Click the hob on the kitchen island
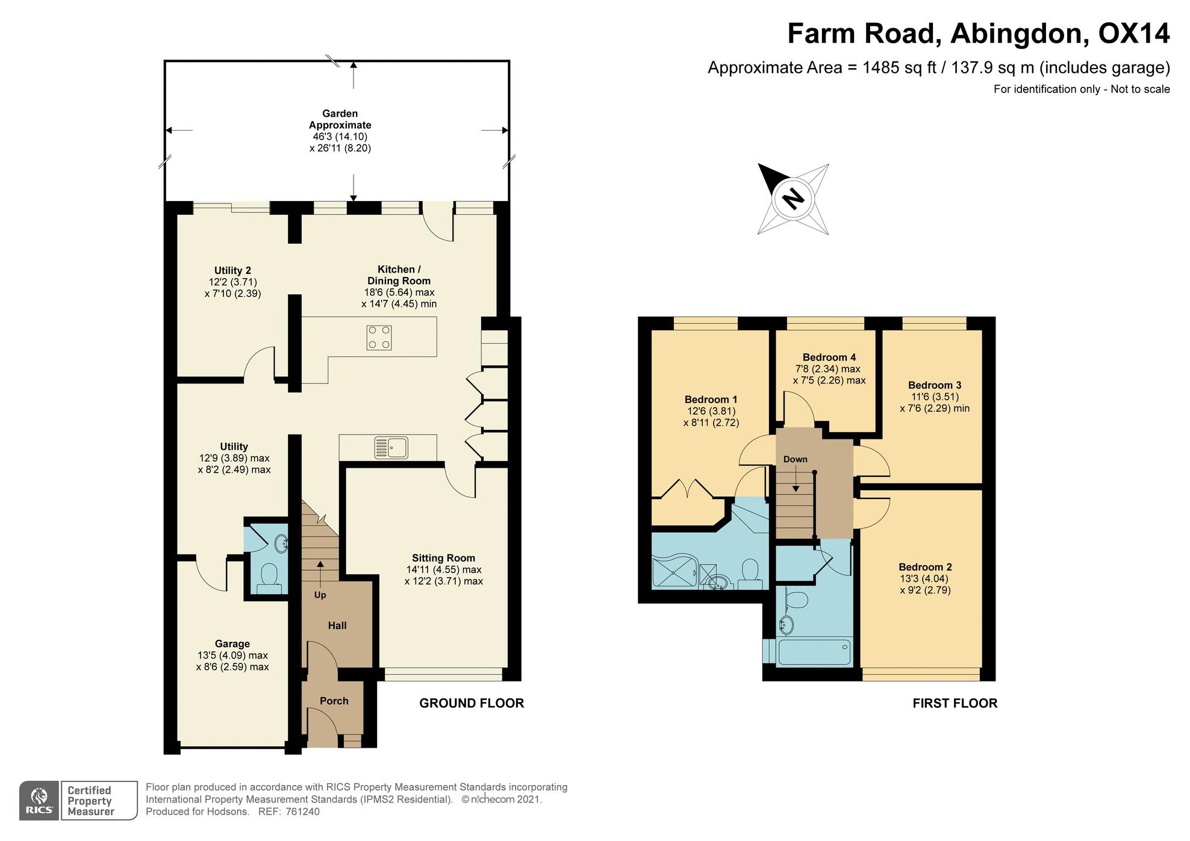[x=379, y=337]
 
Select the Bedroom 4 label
[x=829, y=357]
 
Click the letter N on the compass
[x=793, y=198]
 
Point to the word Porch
[x=334, y=701]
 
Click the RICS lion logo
[x=39, y=801]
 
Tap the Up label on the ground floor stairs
[x=320, y=595]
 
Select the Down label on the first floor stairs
[x=795, y=459]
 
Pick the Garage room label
[x=232, y=644]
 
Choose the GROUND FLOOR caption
[x=472, y=703]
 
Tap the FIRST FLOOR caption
[x=955, y=703]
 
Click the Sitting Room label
[x=443, y=558]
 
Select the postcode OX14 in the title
[x=1134, y=33]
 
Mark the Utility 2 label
[x=232, y=270]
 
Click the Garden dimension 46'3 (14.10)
[x=340, y=137]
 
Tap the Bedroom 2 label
[x=925, y=567]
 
